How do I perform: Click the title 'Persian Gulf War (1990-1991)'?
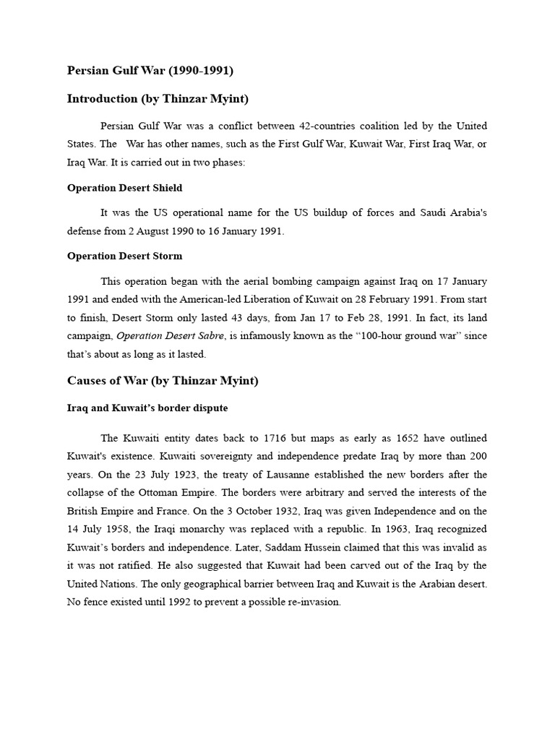pos(150,71)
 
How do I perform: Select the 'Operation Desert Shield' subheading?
pos(124,188)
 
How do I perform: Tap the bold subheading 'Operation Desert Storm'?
pos(124,256)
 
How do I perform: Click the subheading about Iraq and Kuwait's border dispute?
pos(147,408)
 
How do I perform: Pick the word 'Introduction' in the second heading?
pos(102,98)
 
